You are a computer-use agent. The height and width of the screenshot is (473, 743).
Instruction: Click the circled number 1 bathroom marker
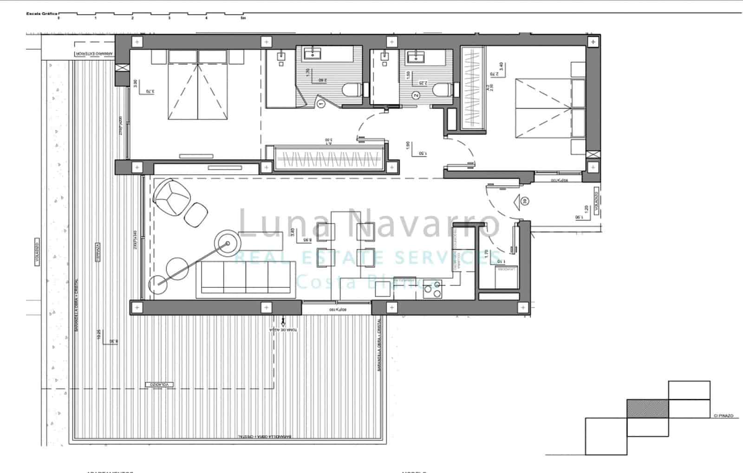(x=321, y=104)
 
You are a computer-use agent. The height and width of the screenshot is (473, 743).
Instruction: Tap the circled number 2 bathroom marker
(x=416, y=96)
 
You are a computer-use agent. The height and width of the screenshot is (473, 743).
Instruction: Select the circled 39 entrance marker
(x=524, y=201)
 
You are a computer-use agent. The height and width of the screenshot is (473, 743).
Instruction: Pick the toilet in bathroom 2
(x=442, y=90)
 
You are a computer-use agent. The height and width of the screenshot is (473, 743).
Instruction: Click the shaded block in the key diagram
(x=647, y=408)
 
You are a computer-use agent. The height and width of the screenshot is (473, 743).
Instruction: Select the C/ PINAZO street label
(x=723, y=415)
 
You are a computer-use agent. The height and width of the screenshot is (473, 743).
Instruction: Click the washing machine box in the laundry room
(x=506, y=277)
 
